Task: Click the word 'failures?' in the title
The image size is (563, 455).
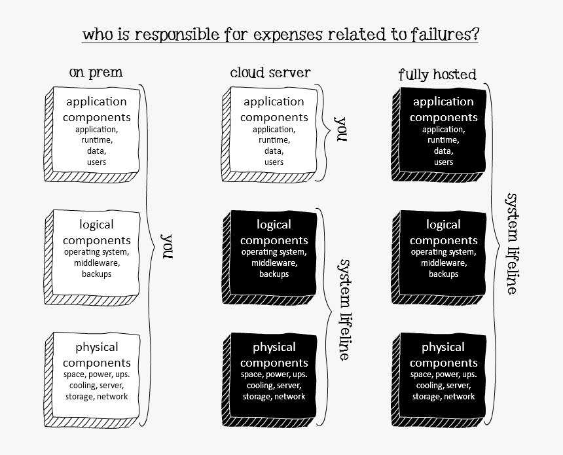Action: tap(443, 34)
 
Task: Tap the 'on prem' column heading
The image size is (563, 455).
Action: tap(96, 72)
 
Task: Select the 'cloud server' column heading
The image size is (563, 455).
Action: tap(270, 72)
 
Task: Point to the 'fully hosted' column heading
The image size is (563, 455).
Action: tap(437, 75)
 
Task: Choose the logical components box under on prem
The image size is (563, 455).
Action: tap(96, 252)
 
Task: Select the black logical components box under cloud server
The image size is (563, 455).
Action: tap(274, 252)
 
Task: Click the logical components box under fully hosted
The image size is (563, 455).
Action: tap(443, 252)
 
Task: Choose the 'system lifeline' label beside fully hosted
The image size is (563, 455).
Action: tap(513, 243)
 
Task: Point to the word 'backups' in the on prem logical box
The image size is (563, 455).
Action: tap(97, 274)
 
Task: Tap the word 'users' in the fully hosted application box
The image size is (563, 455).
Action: tap(443, 162)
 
